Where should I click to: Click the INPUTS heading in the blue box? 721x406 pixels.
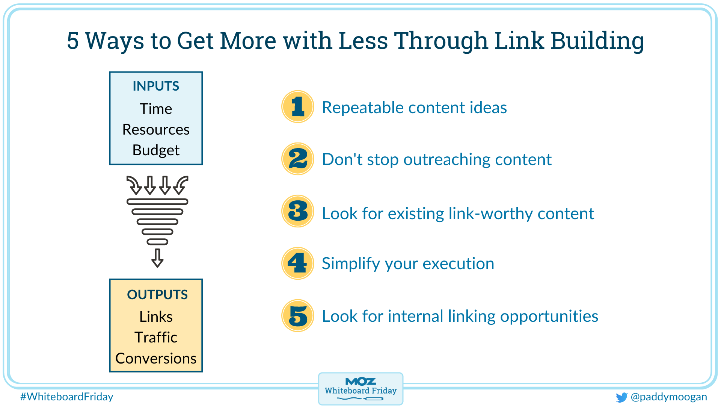click(156, 86)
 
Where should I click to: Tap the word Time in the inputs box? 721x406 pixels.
click(156, 109)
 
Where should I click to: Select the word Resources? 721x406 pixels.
click(156, 130)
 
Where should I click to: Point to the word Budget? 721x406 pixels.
click(156, 150)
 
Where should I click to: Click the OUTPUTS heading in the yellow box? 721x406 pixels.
click(157, 295)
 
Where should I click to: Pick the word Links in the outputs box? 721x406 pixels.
click(156, 317)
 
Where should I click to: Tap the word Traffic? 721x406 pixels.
click(156, 338)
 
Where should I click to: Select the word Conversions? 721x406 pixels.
click(156, 359)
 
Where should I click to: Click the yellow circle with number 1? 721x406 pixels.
click(298, 107)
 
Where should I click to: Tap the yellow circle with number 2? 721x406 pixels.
click(298, 159)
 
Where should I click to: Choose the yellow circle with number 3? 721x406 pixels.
click(298, 211)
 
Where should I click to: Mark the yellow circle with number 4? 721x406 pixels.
click(298, 263)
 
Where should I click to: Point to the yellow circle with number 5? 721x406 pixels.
click(298, 316)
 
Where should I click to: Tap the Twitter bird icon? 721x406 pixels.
click(621, 397)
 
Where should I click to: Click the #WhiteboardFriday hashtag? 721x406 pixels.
click(67, 397)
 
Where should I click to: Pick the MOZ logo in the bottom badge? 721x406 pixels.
click(360, 382)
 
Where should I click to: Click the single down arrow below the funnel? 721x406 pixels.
click(157, 258)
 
